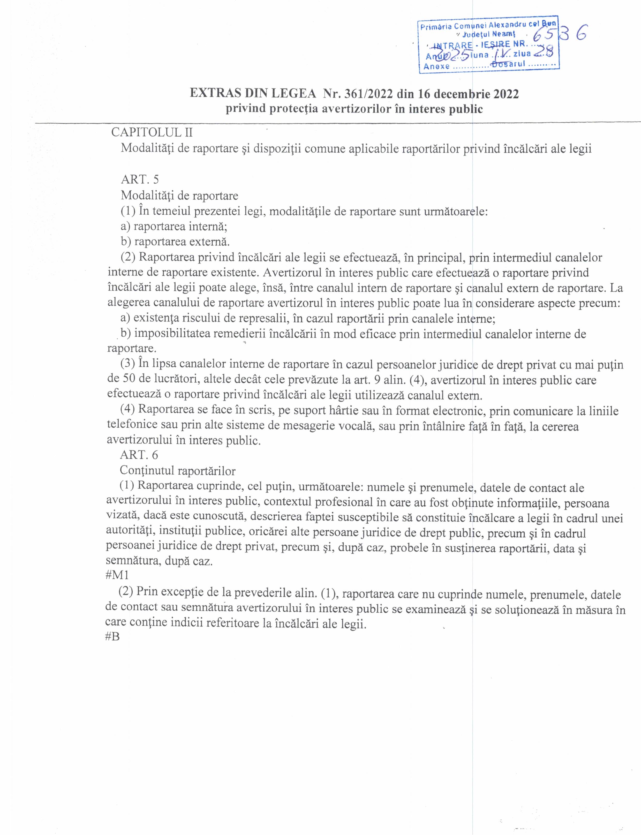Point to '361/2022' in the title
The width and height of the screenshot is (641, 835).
pyautogui.click(x=368, y=94)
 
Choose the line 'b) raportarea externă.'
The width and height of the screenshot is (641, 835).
pyautogui.click(x=175, y=242)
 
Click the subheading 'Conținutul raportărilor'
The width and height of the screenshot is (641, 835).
pyautogui.click(x=178, y=471)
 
